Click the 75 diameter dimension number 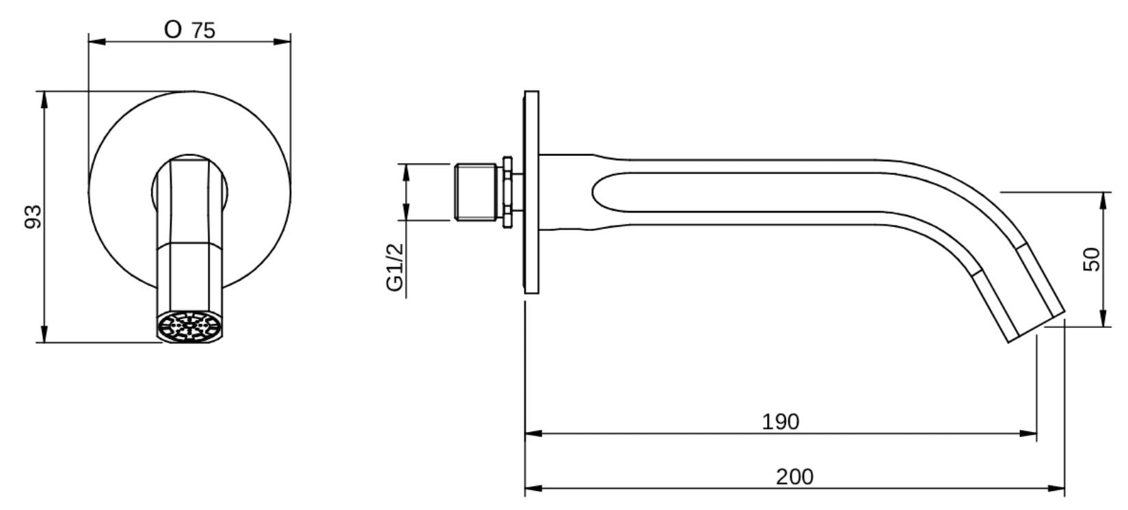pyautogui.click(x=204, y=31)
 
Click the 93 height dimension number pyautogui.click(x=33, y=217)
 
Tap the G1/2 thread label pyautogui.click(x=395, y=267)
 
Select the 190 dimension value pyautogui.click(x=781, y=422)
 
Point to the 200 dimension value pyautogui.click(x=794, y=477)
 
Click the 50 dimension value pyautogui.click(x=1092, y=259)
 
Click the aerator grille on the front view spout pyautogui.click(x=189, y=325)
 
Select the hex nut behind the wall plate pyautogui.click(x=507, y=192)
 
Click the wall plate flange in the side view pyautogui.click(x=531, y=192)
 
